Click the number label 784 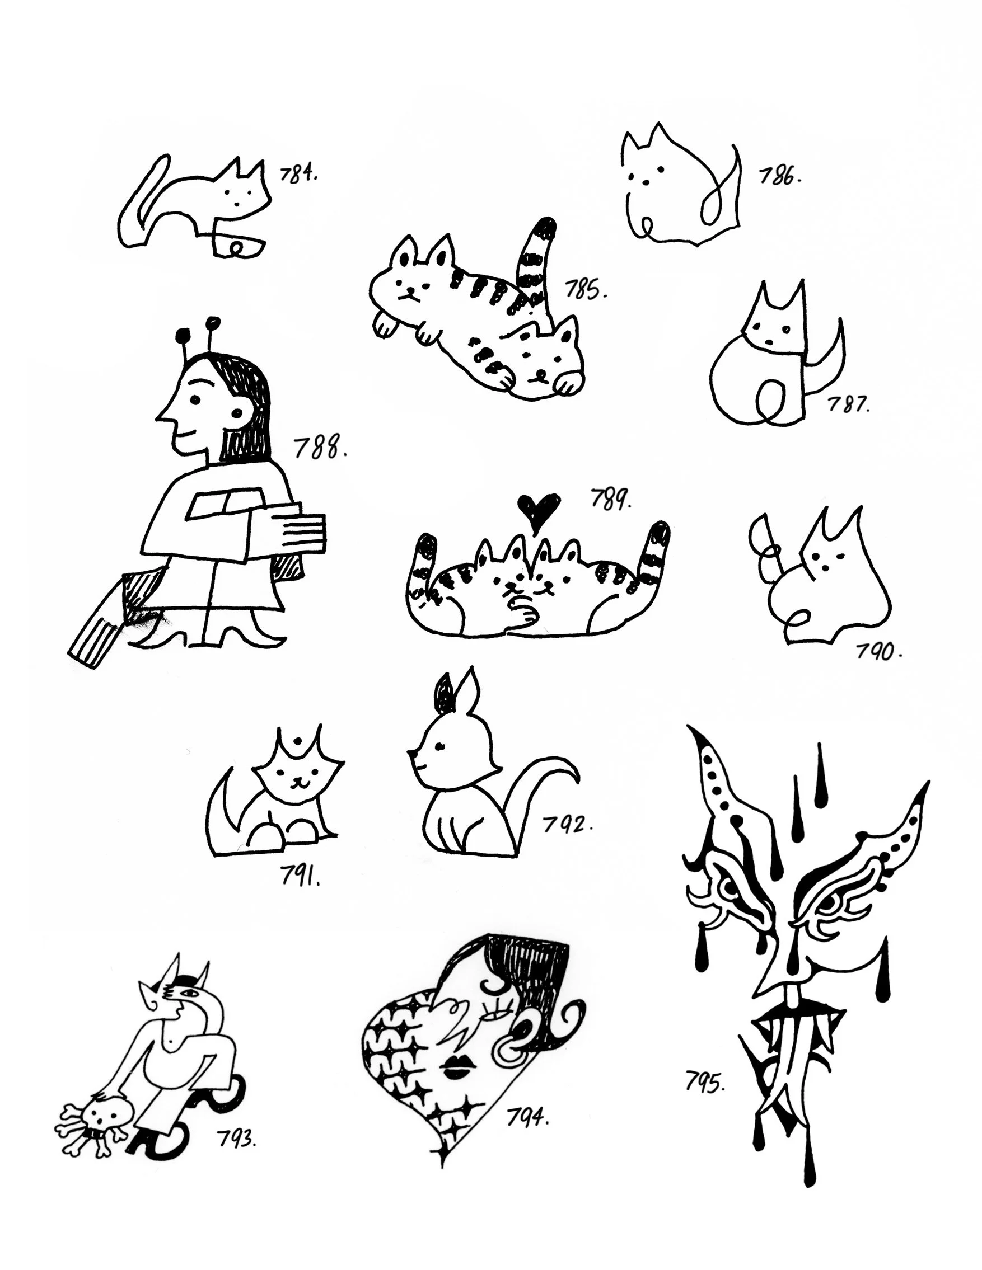(298, 173)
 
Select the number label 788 (321, 448)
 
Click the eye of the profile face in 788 (195, 399)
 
